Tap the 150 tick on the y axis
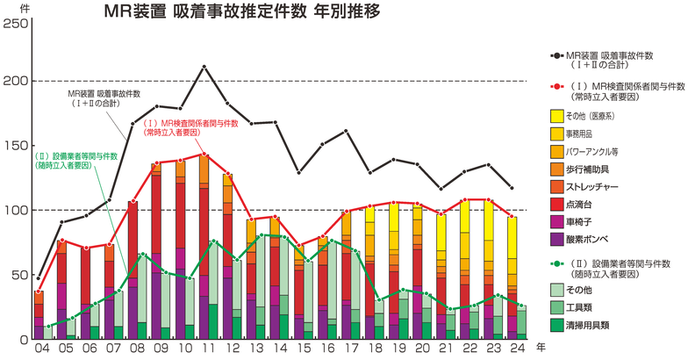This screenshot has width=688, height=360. coord(15,145)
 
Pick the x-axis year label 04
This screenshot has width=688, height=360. coord(39,349)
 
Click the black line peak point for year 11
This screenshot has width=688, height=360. coord(204,67)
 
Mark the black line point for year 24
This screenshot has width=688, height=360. coord(513,188)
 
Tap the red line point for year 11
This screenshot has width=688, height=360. coord(204,155)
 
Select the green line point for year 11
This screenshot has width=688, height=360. coord(214,241)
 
